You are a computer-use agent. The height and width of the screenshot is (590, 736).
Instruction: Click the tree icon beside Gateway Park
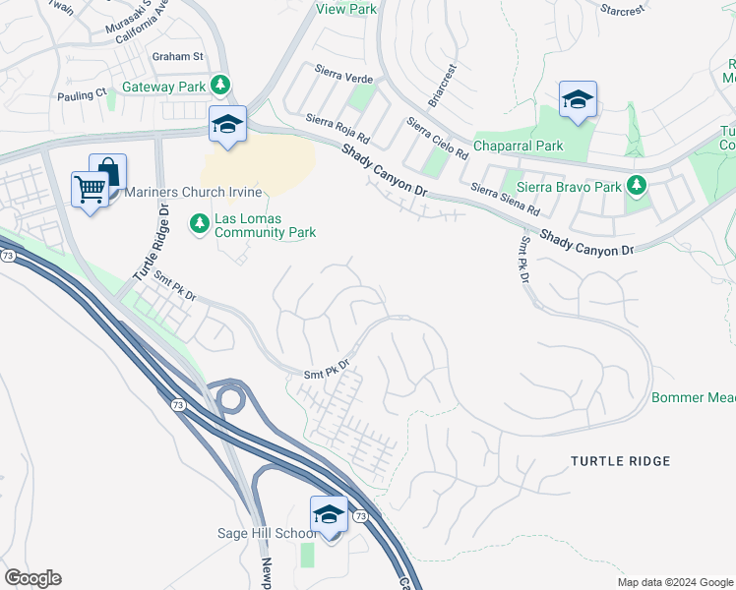pyautogui.click(x=222, y=87)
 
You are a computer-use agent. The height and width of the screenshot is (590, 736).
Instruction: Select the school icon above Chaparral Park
pyautogui.click(x=578, y=99)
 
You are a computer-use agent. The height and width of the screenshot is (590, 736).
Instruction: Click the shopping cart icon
pyautogui.click(x=91, y=188)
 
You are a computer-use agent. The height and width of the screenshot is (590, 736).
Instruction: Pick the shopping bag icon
pyautogui.click(x=107, y=172)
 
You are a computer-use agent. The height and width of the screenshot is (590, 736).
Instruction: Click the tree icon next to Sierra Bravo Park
pyautogui.click(x=637, y=186)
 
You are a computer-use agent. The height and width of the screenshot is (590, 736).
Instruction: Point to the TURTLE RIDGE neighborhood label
pyautogui.click(x=621, y=461)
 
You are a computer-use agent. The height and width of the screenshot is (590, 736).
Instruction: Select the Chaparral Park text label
pyautogui.click(x=519, y=146)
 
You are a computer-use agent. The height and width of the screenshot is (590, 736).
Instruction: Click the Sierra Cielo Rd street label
pyautogui.click(x=437, y=139)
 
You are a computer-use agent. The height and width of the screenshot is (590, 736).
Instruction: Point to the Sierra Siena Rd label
pyautogui.click(x=505, y=200)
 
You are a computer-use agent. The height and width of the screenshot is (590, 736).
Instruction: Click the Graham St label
pyautogui.click(x=177, y=57)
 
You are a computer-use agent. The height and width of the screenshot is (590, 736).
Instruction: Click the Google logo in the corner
pyautogui.click(x=32, y=578)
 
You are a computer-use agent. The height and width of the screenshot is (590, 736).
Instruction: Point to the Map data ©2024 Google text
pyautogui.click(x=675, y=582)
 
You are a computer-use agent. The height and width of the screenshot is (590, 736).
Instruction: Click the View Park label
pyautogui.click(x=346, y=9)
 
